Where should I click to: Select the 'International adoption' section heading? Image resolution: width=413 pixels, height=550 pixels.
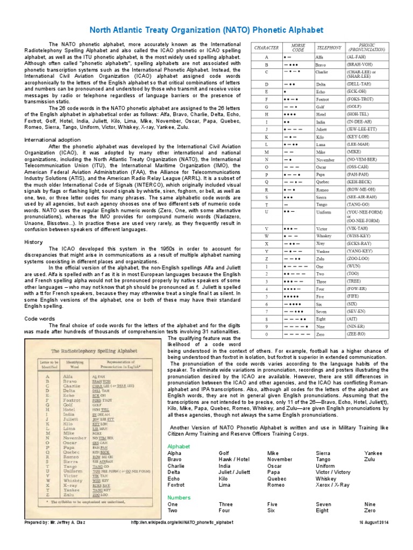52,140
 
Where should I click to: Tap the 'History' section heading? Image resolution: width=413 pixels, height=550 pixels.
33,242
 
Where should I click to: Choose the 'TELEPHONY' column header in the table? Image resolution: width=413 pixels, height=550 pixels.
329,47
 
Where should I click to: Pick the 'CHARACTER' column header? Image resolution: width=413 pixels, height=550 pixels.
266,47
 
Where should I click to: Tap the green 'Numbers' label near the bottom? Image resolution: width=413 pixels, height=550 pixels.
179,497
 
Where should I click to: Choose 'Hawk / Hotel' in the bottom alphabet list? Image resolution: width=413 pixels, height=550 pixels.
234,460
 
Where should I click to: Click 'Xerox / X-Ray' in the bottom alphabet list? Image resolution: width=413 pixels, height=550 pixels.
334,484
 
